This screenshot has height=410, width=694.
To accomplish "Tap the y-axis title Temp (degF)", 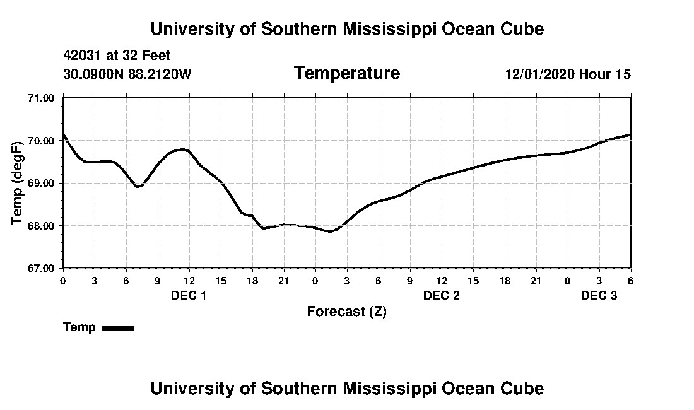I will (x=18, y=183).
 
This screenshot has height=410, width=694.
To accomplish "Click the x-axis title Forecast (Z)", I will (x=346, y=312).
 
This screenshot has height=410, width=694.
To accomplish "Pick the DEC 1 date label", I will (x=189, y=295).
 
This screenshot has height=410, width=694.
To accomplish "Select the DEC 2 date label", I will (x=441, y=295).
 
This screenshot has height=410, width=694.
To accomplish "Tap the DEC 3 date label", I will (x=599, y=295).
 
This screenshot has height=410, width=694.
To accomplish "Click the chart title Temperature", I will (x=346, y=74).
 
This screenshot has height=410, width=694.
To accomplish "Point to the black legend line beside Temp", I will (x=117, y=328).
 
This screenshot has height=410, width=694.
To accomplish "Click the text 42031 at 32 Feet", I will (x=117, y=56).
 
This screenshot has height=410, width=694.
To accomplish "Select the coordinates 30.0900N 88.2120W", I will (x=127, y=74).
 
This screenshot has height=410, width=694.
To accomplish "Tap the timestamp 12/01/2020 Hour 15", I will (x=567, y=74).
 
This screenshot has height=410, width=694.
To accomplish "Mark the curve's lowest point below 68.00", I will (x=330, y=231).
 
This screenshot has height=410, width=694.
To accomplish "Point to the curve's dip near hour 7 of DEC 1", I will (x=138, y=187).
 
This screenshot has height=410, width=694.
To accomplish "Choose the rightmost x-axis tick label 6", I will (x=630, y=280).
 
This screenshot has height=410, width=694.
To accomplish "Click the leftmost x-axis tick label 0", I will (x=62, y=280).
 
